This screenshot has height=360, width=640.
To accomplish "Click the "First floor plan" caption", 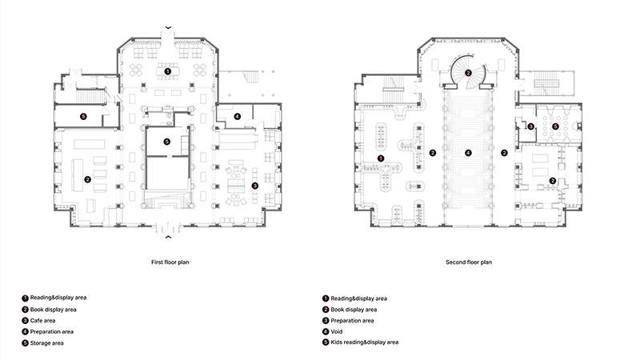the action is point(170,262).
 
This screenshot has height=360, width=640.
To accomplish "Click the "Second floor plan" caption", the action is point(469,262).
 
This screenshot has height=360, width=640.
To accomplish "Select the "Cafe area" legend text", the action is point(43,321).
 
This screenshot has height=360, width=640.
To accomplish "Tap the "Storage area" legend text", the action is point(47,343).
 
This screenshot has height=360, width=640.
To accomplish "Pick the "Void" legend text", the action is point(337,331).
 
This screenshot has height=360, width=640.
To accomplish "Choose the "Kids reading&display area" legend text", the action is point(365,342).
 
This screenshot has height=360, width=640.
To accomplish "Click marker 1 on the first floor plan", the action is point(167,71).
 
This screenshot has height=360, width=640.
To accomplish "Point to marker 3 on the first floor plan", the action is point(254,186).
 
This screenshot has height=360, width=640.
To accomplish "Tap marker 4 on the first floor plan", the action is point(237,117).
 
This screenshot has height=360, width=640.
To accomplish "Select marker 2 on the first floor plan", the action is point(87,179).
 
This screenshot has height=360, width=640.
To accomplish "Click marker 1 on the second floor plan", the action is point(381,158).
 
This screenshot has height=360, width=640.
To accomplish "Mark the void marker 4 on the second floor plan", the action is point(468,153).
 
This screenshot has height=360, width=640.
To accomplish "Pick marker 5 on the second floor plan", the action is point(555,126).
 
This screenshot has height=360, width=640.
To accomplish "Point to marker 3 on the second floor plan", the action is point(530,126).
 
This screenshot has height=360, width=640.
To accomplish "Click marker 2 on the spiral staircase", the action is point(468,73).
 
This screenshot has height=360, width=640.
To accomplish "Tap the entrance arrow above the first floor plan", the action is point(168,28).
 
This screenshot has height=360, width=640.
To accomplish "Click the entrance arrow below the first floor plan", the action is point(168,237).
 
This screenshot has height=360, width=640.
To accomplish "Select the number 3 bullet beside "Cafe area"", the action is point(26,321).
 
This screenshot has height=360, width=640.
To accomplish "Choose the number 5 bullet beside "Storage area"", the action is point(26,343).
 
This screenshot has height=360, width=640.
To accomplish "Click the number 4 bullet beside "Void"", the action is point(326,331).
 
